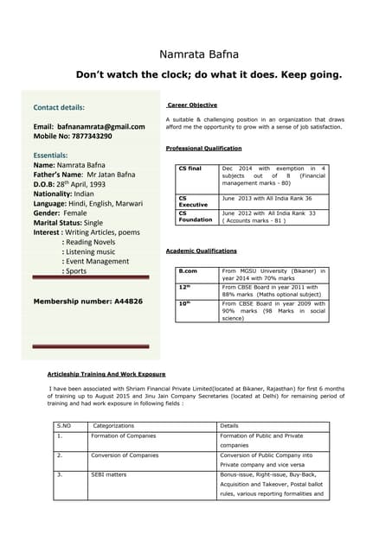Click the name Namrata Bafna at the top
[x=196, y=54]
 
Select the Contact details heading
[x=59, y=108]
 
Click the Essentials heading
[x=50, y=156]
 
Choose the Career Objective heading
[x=192, y=105]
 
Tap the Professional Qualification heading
[x=203, y=149]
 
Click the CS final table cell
[x=190, y=168]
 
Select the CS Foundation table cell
[x=195, y=216]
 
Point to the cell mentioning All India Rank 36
[x=267, y=198]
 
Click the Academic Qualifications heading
[x=201, y=251]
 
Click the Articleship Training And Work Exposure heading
[x=106, y=374]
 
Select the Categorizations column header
[x=113, y=426]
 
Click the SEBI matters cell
[x=109, y=474]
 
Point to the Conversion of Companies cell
[x=125, y=454]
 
